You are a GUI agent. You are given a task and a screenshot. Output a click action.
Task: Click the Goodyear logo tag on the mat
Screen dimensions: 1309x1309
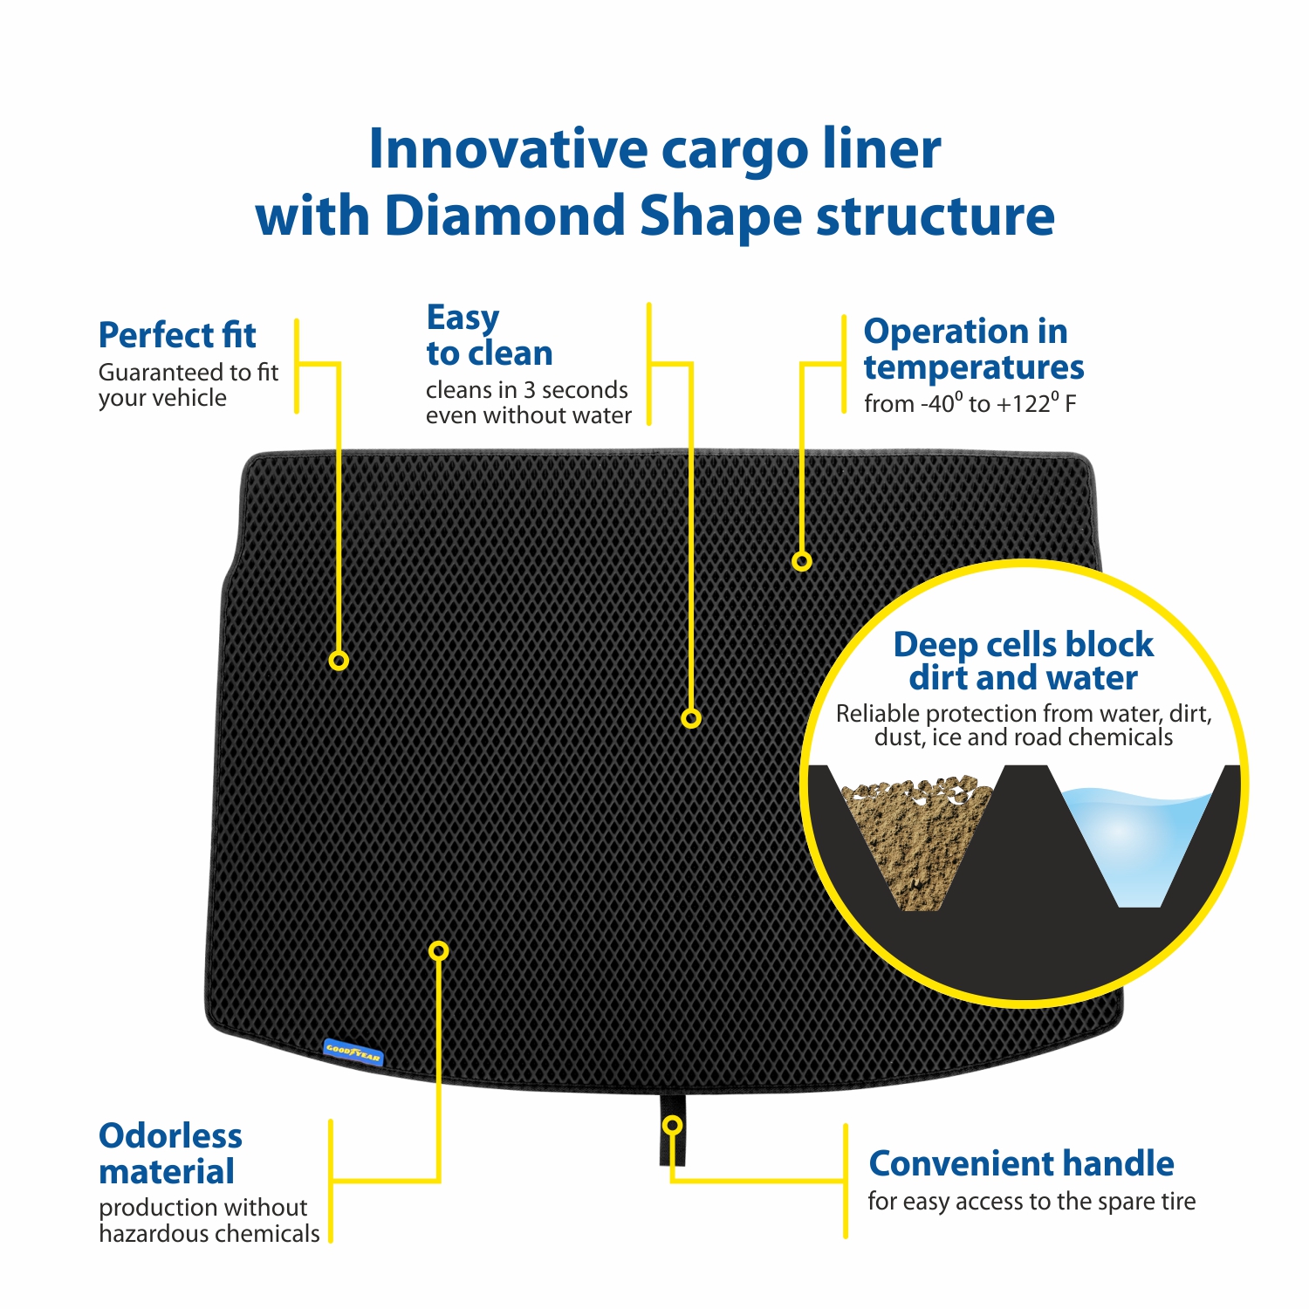point(353,1052)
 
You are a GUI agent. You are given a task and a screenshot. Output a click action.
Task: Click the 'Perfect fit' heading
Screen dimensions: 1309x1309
point(177,335)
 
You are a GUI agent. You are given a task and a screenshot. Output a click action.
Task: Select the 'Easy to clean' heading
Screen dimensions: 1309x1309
point(490,336)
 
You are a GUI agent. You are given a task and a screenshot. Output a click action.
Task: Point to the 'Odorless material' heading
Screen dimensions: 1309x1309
point(170,1154)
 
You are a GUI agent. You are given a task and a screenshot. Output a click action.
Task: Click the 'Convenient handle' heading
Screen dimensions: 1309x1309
point(1021,1163)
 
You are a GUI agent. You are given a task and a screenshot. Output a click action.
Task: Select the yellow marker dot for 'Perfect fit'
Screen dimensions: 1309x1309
point(339,661)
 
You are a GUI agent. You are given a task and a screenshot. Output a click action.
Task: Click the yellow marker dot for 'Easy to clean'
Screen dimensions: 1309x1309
point(691,718)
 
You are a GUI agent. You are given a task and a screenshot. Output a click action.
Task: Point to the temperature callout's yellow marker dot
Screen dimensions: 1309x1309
point(802,561)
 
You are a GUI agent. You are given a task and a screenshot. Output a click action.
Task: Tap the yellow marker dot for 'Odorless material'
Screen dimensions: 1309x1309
point(439,950)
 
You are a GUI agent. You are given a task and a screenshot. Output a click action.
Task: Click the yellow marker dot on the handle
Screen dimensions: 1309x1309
point(672,1125)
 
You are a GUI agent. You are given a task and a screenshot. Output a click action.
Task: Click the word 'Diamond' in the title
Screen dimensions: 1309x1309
point(504,216)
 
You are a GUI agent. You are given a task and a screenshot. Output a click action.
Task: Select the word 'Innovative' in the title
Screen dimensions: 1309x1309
point(507,149)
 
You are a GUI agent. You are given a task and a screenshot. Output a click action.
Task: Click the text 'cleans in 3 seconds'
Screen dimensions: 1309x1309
point(527,389)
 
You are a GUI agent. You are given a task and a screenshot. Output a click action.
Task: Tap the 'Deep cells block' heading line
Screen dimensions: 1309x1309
point(1024,645)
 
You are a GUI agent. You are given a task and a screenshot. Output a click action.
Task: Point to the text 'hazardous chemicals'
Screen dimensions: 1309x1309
point(209,1234)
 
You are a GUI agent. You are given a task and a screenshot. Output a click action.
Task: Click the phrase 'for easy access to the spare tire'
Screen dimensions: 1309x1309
point(1031,1202)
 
